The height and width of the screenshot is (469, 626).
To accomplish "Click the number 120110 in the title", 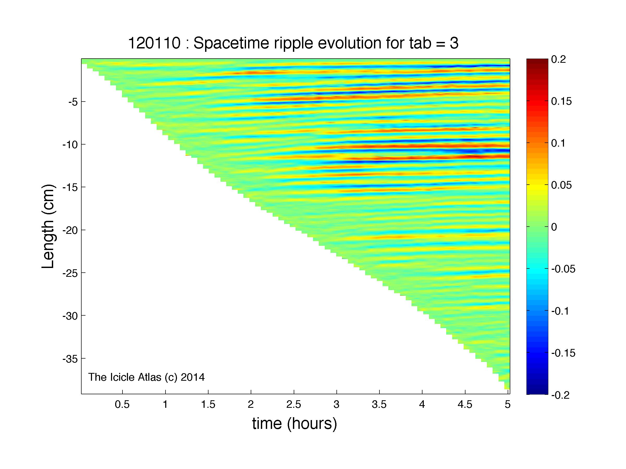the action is pyautogui.click(x=155, y=43).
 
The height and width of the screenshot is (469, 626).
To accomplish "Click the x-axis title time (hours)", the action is pyautogui.click(x=294, y=423).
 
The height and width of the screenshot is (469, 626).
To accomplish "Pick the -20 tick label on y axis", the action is pyautogui.click(x=70, y=230).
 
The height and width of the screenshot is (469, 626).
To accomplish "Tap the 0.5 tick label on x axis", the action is pyautogui.click(x=122, y=404).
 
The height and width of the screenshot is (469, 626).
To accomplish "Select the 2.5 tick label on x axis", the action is pyautogui.click(x=293, y=404).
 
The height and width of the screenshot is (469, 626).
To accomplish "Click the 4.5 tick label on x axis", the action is pyautogui.click(x=465, y=404).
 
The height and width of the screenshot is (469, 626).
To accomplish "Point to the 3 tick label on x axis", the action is pyautogui.click(x=336, y=404).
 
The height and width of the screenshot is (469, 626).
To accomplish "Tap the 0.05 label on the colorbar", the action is pyautogui.click(x=561, y=185).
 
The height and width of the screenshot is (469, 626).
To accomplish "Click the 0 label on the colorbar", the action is pyautogui.click(x=554, y=227).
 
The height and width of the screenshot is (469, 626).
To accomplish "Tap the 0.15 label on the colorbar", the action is pyautogui.click(x=561, y=101).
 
